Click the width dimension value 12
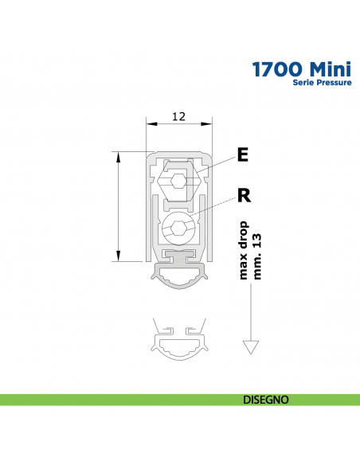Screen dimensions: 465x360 tap(179, 116)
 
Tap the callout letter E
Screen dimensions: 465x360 tap(242, 154)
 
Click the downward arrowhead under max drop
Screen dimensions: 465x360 tap(251, 347)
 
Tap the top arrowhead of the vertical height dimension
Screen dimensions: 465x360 tap(118, 155)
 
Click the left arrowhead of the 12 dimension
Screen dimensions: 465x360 tap(150, 123)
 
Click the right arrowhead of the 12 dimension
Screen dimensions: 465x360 tap(209, 123)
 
